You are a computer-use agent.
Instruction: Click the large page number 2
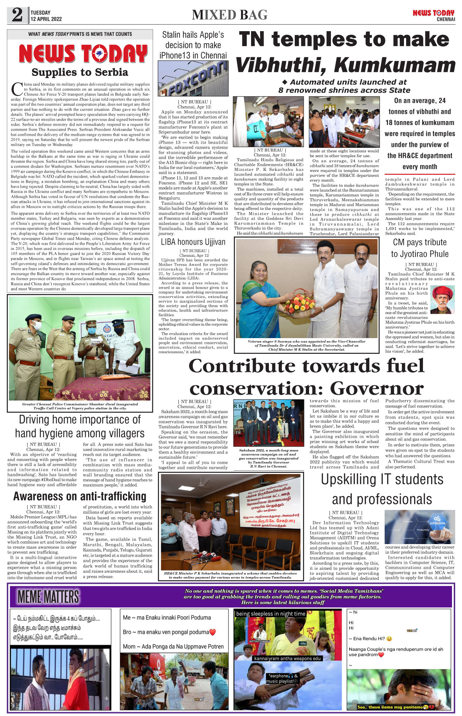(17, 15)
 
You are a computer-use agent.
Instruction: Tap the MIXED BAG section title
(230, 15)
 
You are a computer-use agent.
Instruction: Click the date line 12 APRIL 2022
(46, 19)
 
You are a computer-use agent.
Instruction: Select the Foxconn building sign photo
(193, 78)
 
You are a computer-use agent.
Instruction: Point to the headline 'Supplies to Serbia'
(80, 72)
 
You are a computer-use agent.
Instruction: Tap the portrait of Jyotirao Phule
(443, 300)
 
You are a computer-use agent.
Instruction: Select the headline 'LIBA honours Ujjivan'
(193, 242)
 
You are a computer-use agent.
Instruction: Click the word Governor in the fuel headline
(376, 388)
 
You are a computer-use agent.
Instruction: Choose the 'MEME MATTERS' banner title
(48, 597)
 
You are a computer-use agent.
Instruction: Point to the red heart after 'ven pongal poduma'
(212, 632)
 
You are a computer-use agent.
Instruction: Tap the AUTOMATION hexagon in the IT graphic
(437, 520)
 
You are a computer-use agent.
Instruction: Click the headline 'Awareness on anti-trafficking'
(80, 496)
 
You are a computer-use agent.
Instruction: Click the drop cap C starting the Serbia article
(17, 89)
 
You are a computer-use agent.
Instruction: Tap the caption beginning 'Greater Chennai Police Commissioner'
(80, 406)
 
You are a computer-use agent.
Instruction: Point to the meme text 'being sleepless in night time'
(270, 614)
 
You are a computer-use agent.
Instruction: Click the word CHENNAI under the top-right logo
(446, 19)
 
